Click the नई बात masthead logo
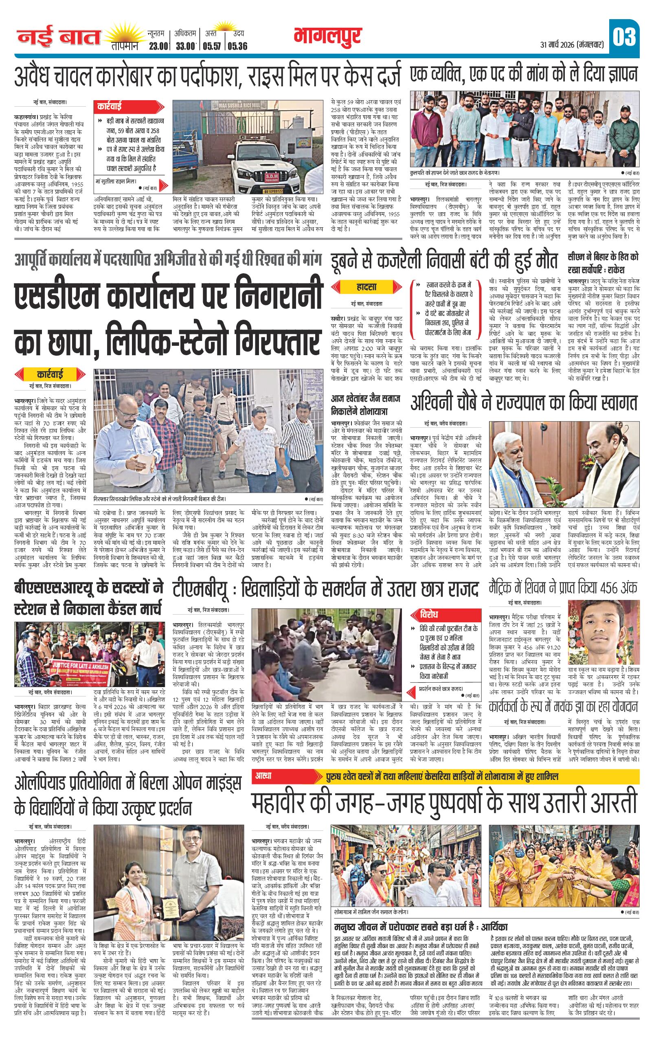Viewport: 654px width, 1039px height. (x=59, y=38)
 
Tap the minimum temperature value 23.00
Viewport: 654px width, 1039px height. (x=158, y=46)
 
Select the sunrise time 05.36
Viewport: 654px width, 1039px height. (x=238, y=46)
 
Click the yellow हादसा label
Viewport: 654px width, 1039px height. (x=367, y=287)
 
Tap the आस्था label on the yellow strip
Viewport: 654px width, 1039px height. (x=264, y=775)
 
